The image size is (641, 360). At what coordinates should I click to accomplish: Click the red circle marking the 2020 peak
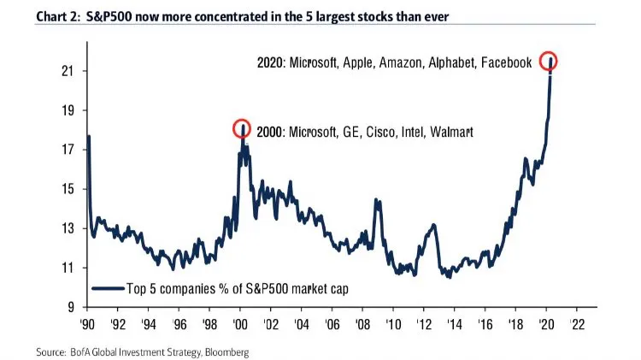[x=549, y=62]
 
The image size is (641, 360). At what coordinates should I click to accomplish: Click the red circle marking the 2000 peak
[x=242, y=128]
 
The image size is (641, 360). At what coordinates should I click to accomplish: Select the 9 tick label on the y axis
[x=68, y=307]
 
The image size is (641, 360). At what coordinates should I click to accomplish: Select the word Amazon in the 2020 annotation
[x=392, y=62]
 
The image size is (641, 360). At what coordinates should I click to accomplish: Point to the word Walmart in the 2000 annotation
[x=450, y=133]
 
